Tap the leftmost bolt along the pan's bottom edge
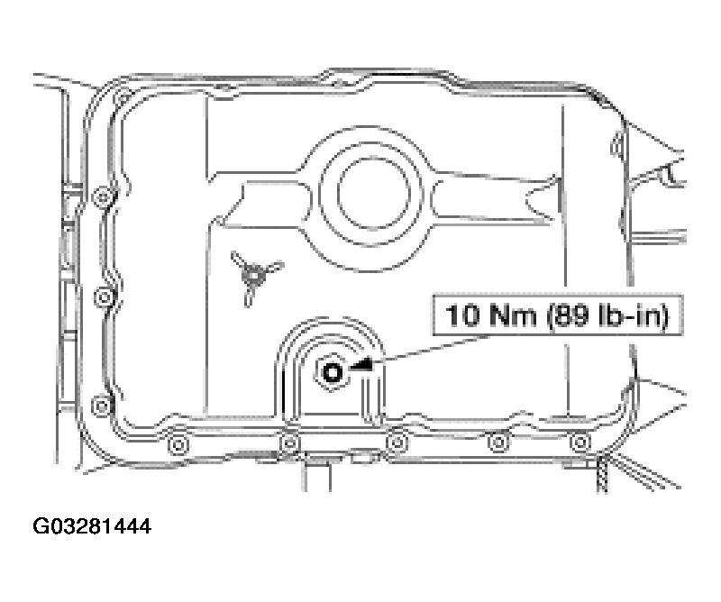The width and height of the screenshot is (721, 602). pyautogui.click(x=176, y=442)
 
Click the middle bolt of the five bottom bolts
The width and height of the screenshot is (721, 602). pyautogui.click(x=395, y=442)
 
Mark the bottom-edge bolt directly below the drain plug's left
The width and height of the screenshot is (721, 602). pyautogui.click(x=289, y=442)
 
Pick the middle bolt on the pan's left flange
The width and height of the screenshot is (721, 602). pyautogui.click(x=105, y=296)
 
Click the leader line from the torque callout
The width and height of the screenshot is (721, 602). pyautogui.click(x=406, y=353)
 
